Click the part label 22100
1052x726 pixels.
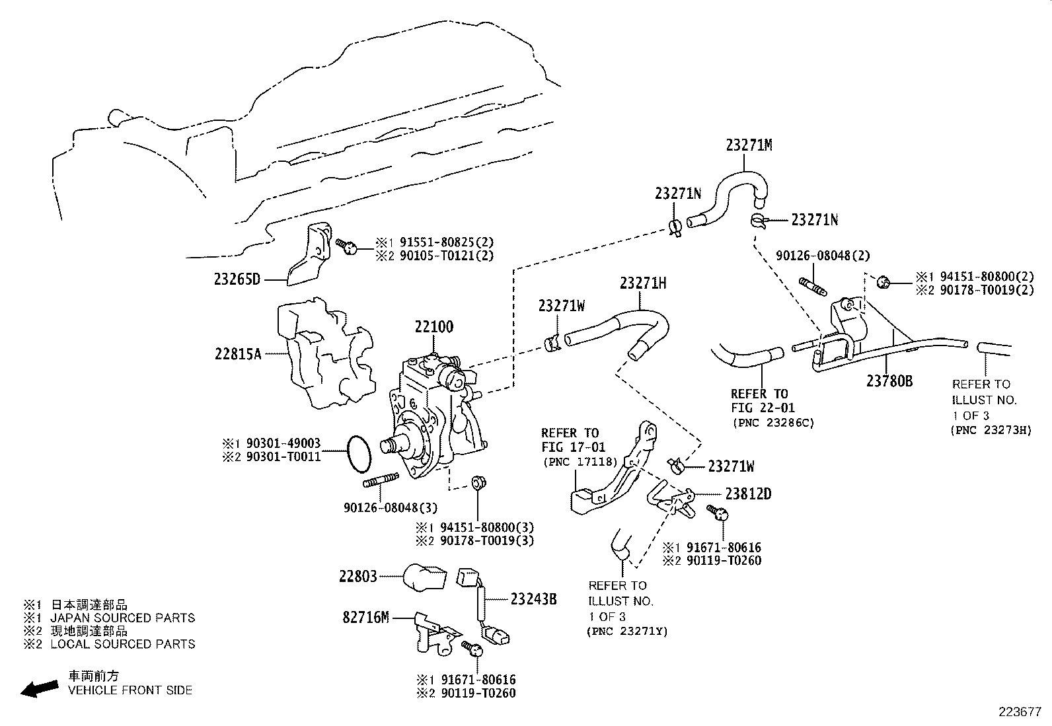point(434,327)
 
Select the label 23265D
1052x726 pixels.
point(237,279)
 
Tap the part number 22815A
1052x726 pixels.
point(238,354)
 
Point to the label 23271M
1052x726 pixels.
point(749,145)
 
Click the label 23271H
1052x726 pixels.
point(643,283)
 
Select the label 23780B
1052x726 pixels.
point(889,381)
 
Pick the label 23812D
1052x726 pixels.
point(748,494)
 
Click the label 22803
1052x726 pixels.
point(357,577)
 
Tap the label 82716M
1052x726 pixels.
point(365,618)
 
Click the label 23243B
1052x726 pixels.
point(533,600)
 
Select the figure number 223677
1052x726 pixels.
point(1020,712)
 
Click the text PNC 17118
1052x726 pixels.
point(580,462)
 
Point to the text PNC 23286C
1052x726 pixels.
point(772,422)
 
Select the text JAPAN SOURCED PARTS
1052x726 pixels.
point(123,618)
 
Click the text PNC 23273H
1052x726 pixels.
point(991,431)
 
